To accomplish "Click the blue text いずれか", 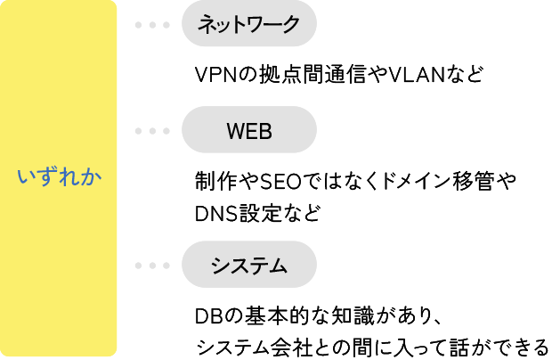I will tap(59, 177).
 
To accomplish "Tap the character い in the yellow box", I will tap(27, 177).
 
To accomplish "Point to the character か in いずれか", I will tap(92, 177).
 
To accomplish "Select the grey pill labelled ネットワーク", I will tap(249, 24).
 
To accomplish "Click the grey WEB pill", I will tap(249, 130).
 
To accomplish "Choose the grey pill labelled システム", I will tap(249, 265).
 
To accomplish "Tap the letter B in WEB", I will tap(264, 131).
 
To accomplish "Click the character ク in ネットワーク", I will tap(291, 25).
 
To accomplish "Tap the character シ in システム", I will tap(219, 266).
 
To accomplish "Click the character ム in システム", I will tap(280, 266).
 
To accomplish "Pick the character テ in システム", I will tap(259, 266).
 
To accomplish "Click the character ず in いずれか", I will tap(48, 177).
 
